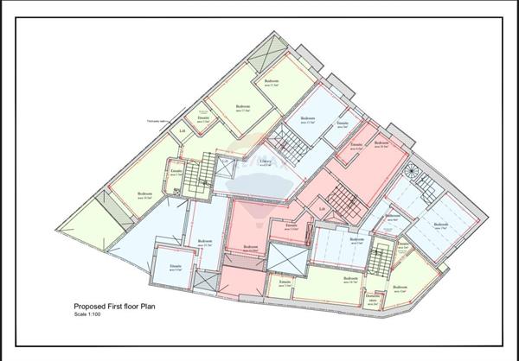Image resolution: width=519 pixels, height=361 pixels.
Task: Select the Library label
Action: point(266,161)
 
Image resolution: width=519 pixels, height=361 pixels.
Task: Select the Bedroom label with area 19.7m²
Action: point(441,226)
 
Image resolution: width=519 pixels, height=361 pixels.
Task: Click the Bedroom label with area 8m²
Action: point(394,217)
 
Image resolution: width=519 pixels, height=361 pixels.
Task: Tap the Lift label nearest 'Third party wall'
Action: point(183,130)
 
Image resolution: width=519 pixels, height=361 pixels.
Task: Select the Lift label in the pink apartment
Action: point(322,208)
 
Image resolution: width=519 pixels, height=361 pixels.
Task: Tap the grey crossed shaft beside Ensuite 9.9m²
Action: point(208,282)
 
